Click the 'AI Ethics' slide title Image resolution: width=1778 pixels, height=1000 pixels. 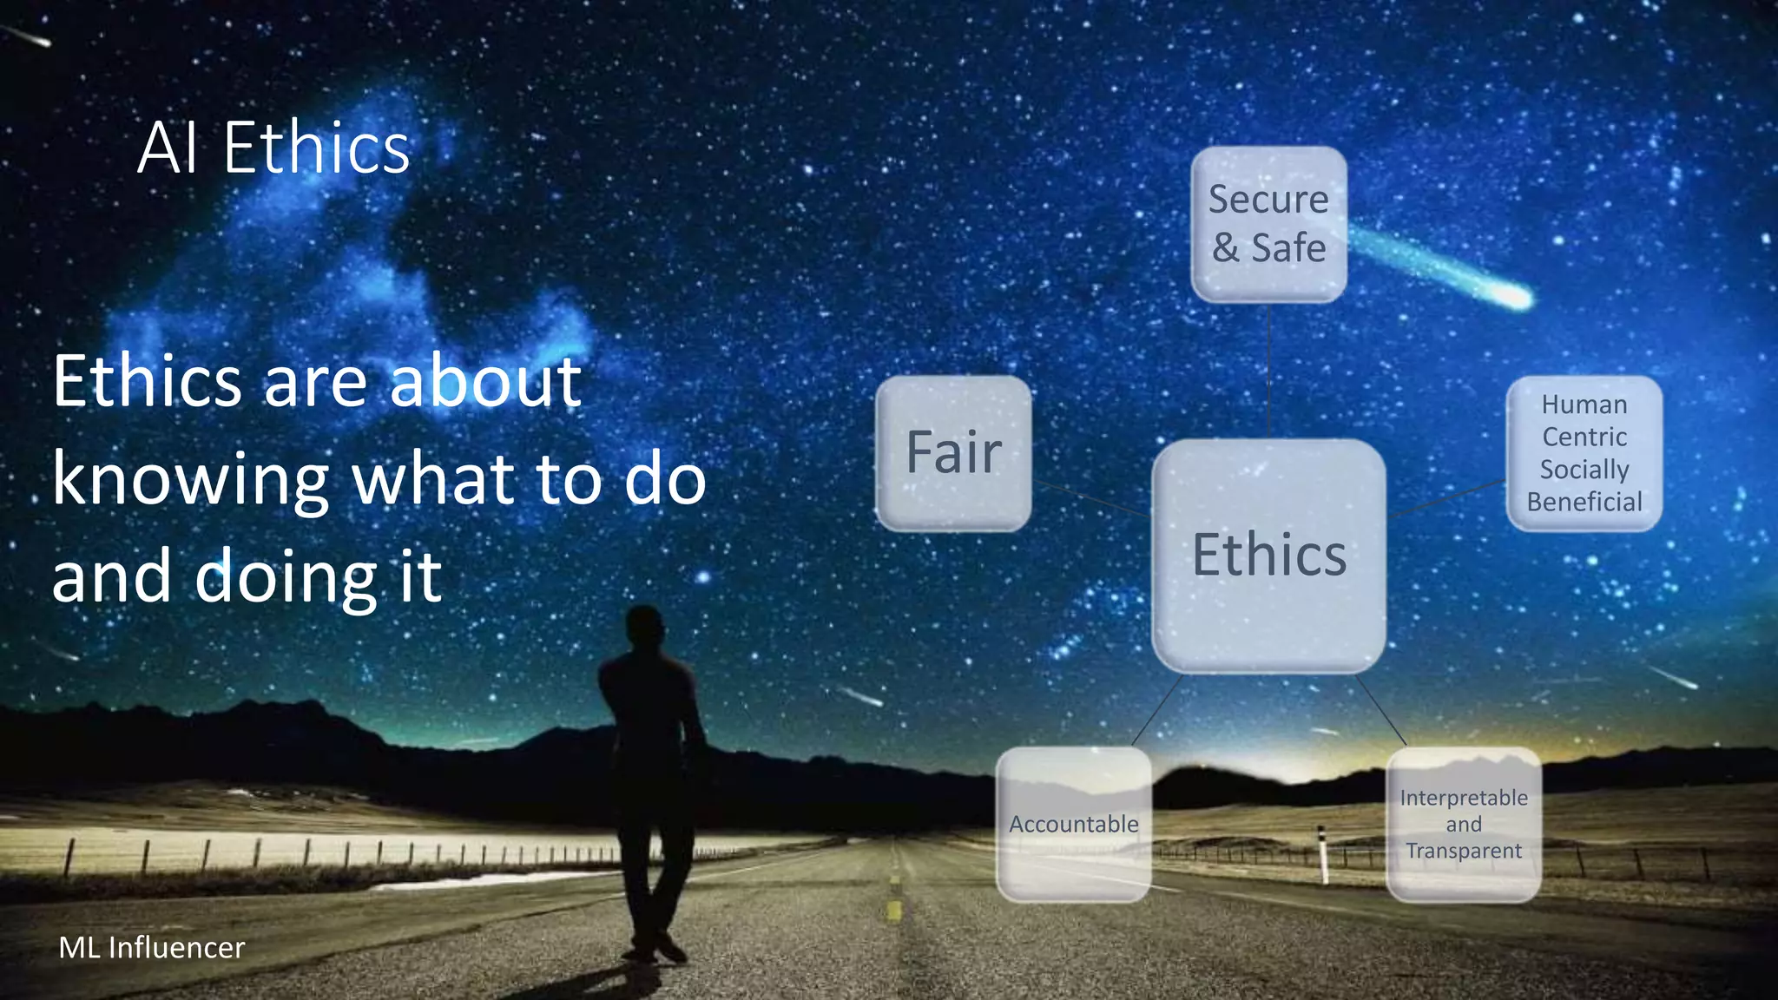click(273, 148)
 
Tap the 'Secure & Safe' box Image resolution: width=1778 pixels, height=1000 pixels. click(1268, 224)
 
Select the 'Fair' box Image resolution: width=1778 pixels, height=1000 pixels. click(953, 453)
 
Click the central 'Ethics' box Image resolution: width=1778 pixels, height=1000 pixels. click(1268, 556)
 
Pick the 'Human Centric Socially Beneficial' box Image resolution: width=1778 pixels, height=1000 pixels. click(1584, 453)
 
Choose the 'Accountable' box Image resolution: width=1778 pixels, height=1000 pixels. click(1073, 824)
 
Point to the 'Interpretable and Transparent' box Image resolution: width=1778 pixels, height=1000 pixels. click(1464, 824)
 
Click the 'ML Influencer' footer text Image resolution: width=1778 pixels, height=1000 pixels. click(152, 947)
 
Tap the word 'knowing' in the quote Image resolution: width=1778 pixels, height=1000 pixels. click(190, 480)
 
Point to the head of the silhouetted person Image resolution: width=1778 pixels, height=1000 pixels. click(644, 627)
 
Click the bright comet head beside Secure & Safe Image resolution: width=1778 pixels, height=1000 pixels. click(1515, 298)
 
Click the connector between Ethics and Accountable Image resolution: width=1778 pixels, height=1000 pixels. click(1156, 710)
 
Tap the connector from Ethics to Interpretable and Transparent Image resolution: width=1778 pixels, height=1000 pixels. click(1380, 710)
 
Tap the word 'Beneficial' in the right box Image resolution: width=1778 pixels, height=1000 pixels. click(1584, 502)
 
